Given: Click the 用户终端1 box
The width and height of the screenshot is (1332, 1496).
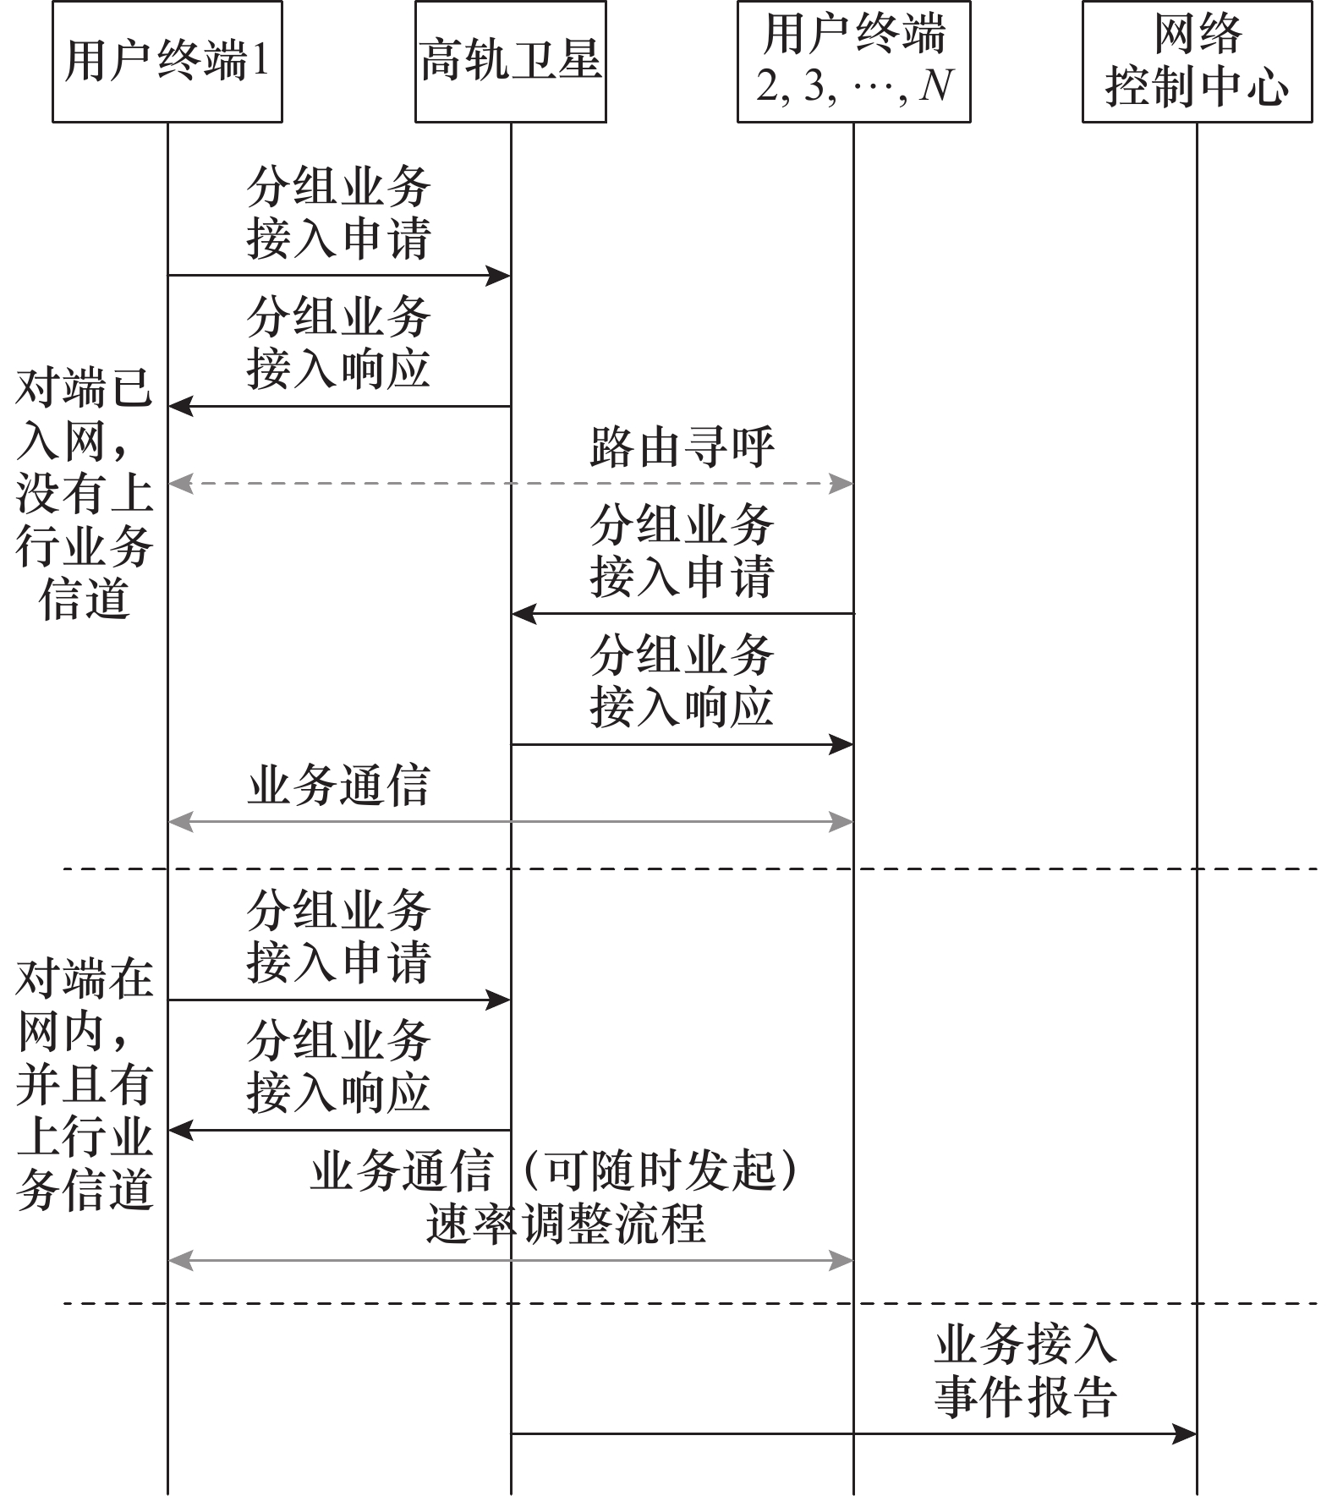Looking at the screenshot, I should (167, 62).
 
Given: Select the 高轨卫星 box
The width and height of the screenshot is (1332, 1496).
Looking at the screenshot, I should (510, 62).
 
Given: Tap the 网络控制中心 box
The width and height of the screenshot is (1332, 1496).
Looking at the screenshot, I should (1197, 62).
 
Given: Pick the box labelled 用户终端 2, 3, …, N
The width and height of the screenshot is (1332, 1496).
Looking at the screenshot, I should (853, 62).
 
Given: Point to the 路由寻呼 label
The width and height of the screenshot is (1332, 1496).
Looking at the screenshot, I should (682, 447).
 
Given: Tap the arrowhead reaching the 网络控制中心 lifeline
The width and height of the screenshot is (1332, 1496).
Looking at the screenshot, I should (1185, 1433).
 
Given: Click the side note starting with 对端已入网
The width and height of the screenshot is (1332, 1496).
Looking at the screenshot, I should (84, 495).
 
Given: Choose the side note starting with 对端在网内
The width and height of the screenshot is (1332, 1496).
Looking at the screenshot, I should (84, 1085).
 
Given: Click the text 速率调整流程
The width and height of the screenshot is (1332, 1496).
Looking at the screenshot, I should (565, 1224).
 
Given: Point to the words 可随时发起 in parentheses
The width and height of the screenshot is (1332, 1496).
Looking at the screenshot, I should (661, 1172).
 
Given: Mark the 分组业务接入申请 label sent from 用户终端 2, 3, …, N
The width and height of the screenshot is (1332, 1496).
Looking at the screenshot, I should (682, 551).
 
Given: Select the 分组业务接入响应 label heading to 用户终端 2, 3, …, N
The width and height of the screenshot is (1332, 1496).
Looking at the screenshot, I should (682, 682).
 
